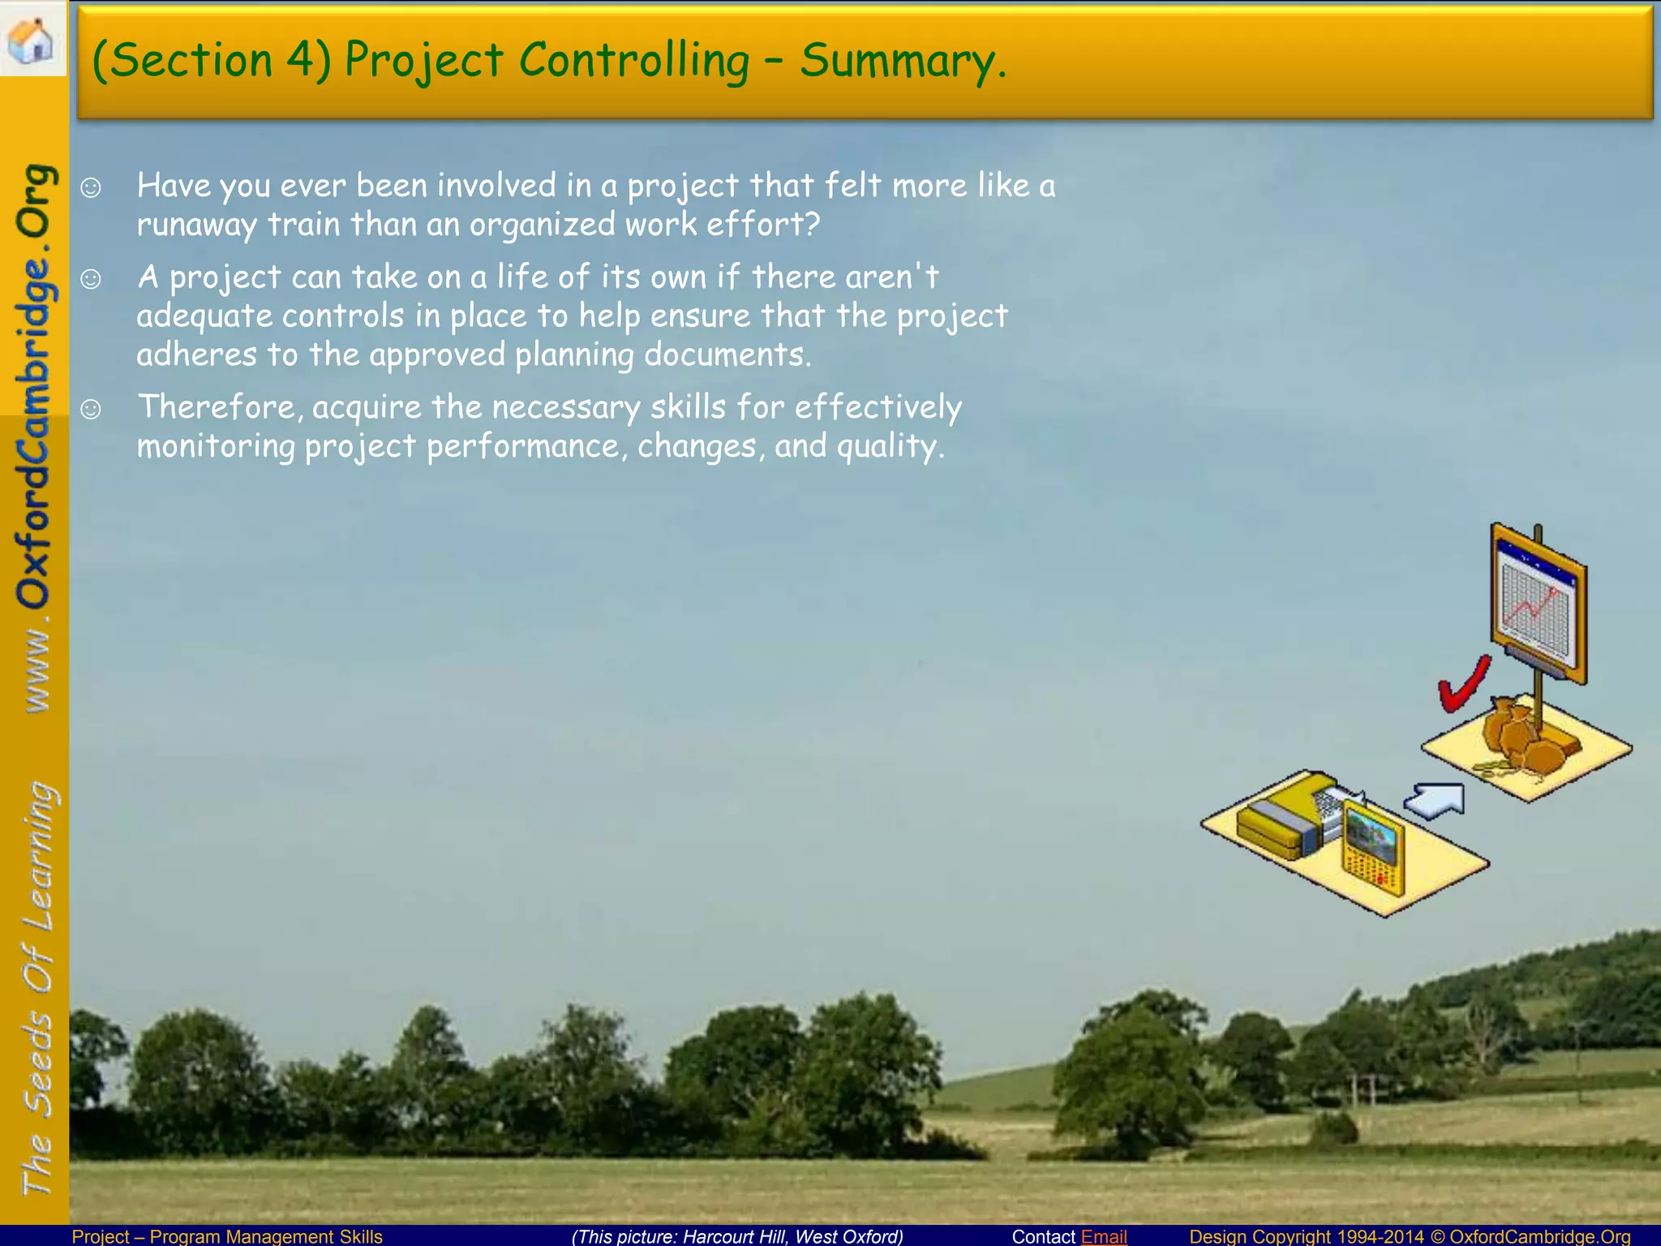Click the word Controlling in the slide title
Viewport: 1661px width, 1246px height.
[634, 61]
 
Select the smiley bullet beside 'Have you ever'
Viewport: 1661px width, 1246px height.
[91, 188]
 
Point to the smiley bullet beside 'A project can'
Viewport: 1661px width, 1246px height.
[91, 279]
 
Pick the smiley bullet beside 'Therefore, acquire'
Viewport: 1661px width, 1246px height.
[91, 409]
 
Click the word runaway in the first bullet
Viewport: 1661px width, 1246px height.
[196, 226]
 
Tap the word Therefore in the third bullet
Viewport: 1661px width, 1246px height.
[219, 407]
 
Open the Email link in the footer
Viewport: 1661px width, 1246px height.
[1104, 1236]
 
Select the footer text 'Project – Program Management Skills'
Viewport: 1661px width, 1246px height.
[227, 1236]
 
